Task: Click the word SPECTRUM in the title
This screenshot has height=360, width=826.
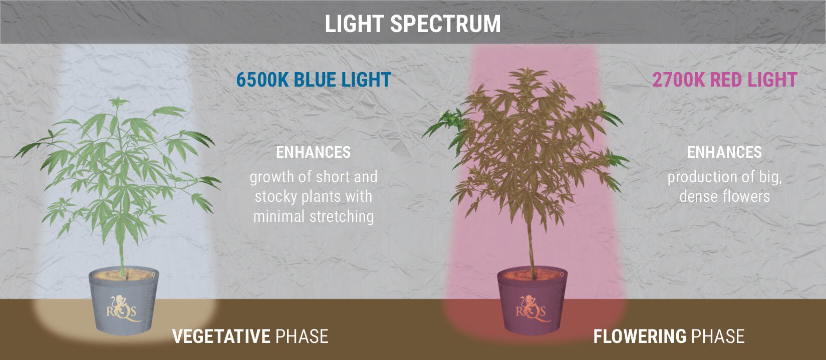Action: click(445, 24)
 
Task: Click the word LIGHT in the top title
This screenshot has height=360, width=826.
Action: click(354, 24)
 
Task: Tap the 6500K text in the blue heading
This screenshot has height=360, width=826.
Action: click(262, 80)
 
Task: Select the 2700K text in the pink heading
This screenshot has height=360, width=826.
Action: click(679, 80)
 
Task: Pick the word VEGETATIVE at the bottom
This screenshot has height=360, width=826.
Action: click(221, 336)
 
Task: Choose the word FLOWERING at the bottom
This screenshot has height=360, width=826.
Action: click(640, 336)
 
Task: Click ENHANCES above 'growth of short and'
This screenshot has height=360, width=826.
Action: click(314, 152)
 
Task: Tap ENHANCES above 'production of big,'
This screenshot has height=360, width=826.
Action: click(725, 152)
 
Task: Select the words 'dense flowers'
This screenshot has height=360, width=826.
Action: click(725, 196)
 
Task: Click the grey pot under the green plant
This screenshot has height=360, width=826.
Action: click(124, 302)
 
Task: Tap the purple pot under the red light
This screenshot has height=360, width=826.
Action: click(532, 302)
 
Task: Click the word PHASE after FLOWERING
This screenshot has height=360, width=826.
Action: click(718, 336)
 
